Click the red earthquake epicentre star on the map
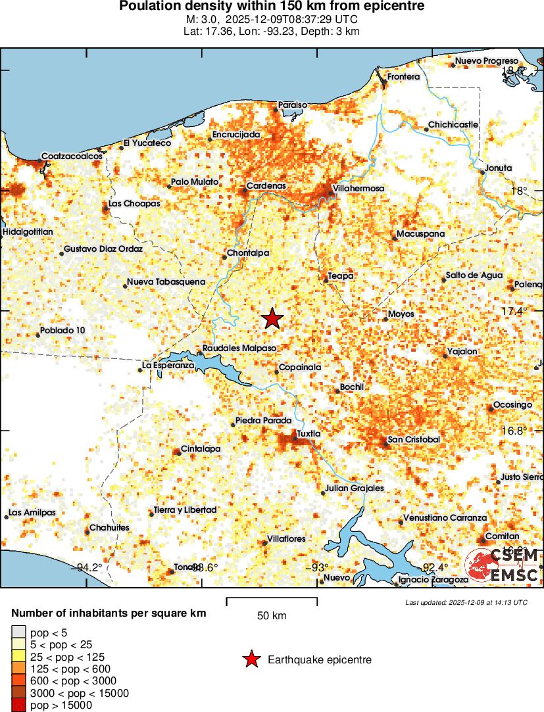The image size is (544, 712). [x=272, y=319]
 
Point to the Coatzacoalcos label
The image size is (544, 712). [x=72, y=156]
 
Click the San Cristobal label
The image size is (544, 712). [x=414, y=439]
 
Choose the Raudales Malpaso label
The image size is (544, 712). [x=239, y=348]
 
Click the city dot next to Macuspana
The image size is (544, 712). [x=393, y=237]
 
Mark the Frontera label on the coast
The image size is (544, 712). [x=403, y=77]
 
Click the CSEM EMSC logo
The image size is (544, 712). [x=503, y=565]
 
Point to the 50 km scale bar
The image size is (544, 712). [x=272, y=601]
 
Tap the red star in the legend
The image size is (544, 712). [x=251, y=659]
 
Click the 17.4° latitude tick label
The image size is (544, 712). [x=514, y=311]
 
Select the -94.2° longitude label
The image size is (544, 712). [x=89, y=568]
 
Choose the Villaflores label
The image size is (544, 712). [x=286, y=539]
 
